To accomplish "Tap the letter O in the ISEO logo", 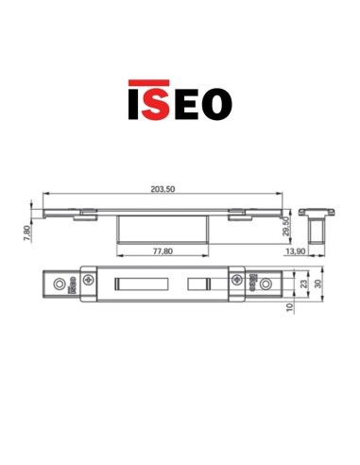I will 216,103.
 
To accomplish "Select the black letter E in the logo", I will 186,103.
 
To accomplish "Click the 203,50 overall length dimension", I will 163,189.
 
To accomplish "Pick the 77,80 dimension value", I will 162,252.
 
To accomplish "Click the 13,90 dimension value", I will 295,251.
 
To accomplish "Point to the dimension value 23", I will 303,284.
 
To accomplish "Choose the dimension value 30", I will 318,284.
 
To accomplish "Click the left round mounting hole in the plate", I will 61,283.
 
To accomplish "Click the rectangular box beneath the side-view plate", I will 163,228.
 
